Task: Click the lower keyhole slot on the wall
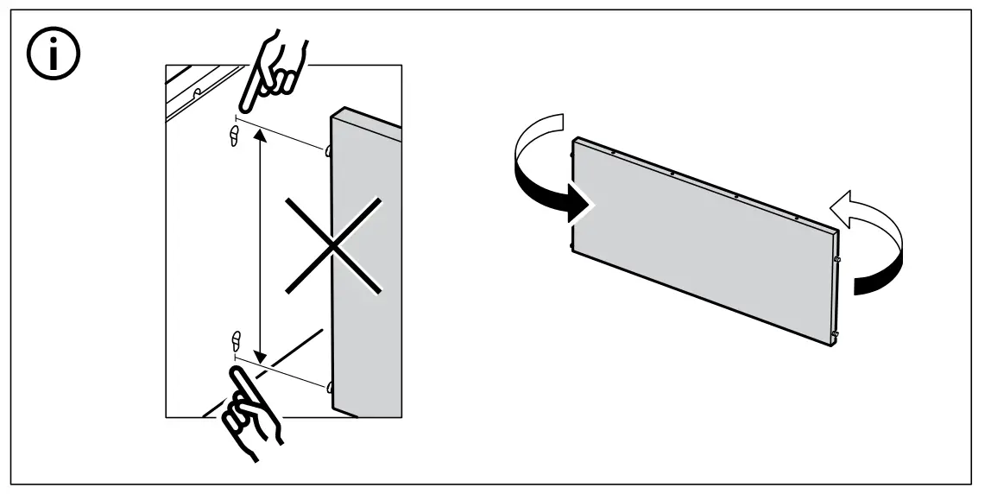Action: click(234, 338)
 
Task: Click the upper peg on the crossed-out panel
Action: click(330, 151)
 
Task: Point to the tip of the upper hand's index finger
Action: click(242, 110)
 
